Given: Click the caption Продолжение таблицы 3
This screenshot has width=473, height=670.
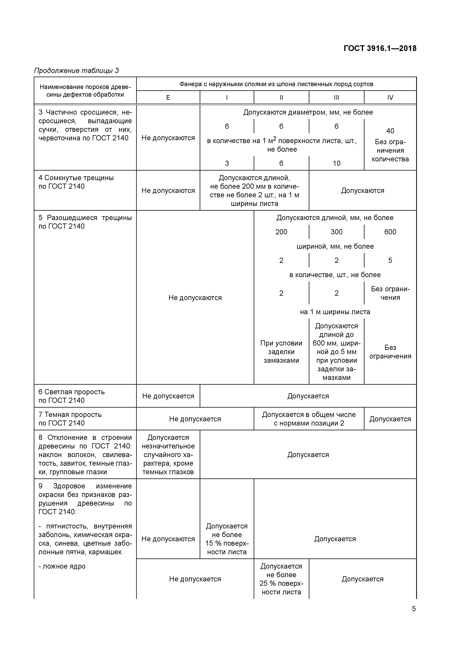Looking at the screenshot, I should (76, 71).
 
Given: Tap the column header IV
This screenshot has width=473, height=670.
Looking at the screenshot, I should (390, 97).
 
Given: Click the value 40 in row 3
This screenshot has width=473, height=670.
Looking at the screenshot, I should (390, 131).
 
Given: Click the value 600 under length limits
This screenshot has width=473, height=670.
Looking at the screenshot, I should (390, 232).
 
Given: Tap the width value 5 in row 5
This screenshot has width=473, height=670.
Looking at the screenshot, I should (390, 260).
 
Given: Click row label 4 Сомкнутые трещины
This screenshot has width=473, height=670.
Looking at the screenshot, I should (76, 182).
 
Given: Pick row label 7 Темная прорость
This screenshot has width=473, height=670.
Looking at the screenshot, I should (70, 419).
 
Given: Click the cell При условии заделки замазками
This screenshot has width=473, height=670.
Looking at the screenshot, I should (281, 352).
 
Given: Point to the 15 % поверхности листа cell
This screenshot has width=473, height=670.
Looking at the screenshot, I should (227, 539).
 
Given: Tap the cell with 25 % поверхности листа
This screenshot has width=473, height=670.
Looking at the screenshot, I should (281, 579).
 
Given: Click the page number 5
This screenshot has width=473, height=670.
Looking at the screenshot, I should (413, 609).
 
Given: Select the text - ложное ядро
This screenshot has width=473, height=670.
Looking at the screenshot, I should (62, 566).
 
